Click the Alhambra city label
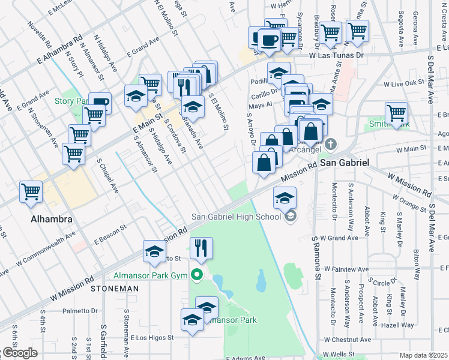[52, 219]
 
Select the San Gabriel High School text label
[235, 217]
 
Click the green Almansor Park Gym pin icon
[196, 275]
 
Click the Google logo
[19, 353]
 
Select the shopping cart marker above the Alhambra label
[31, 191]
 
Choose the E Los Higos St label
[152, 337]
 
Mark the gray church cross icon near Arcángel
[331, 145]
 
